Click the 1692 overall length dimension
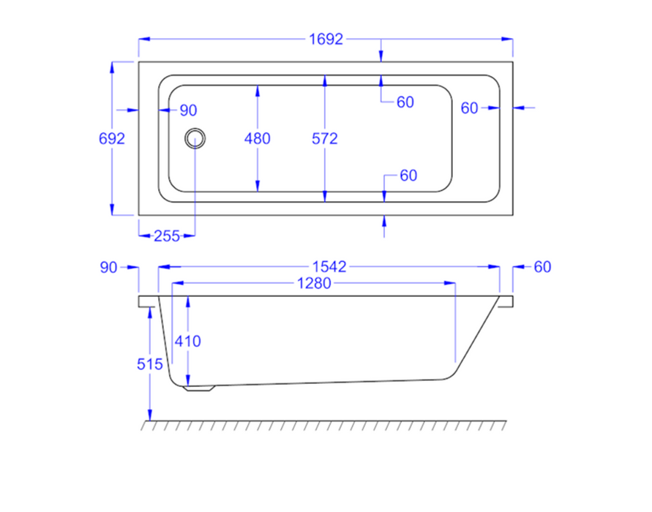point(326,39)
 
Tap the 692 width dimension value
point(112,138)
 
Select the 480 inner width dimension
point(258,138)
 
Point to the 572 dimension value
point(325,138)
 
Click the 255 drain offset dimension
point(167,236)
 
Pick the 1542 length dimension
point(329,267)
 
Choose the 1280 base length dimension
point(314,284)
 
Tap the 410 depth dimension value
point(187,341)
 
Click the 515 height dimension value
point(150,364)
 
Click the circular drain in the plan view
point(195,138)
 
